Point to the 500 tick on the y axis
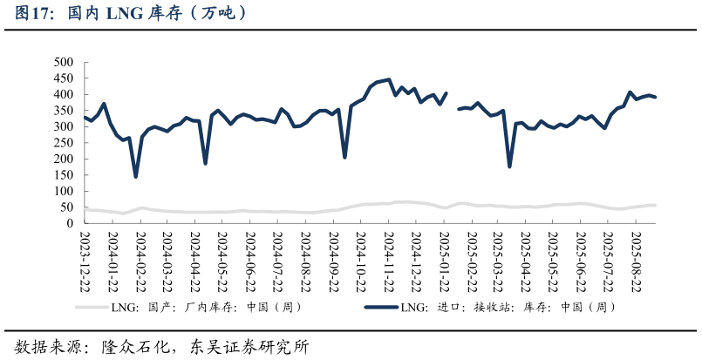(63, 62)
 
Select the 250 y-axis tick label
(63, 143)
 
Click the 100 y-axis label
(63, 191)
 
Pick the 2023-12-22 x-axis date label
(85, 261)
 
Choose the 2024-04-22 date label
(194, 261)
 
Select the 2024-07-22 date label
(277, 261)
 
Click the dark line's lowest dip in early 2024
(136, 177)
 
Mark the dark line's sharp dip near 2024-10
(344, 157)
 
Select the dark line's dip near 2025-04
(509, 166)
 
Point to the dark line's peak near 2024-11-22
(389, 79)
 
